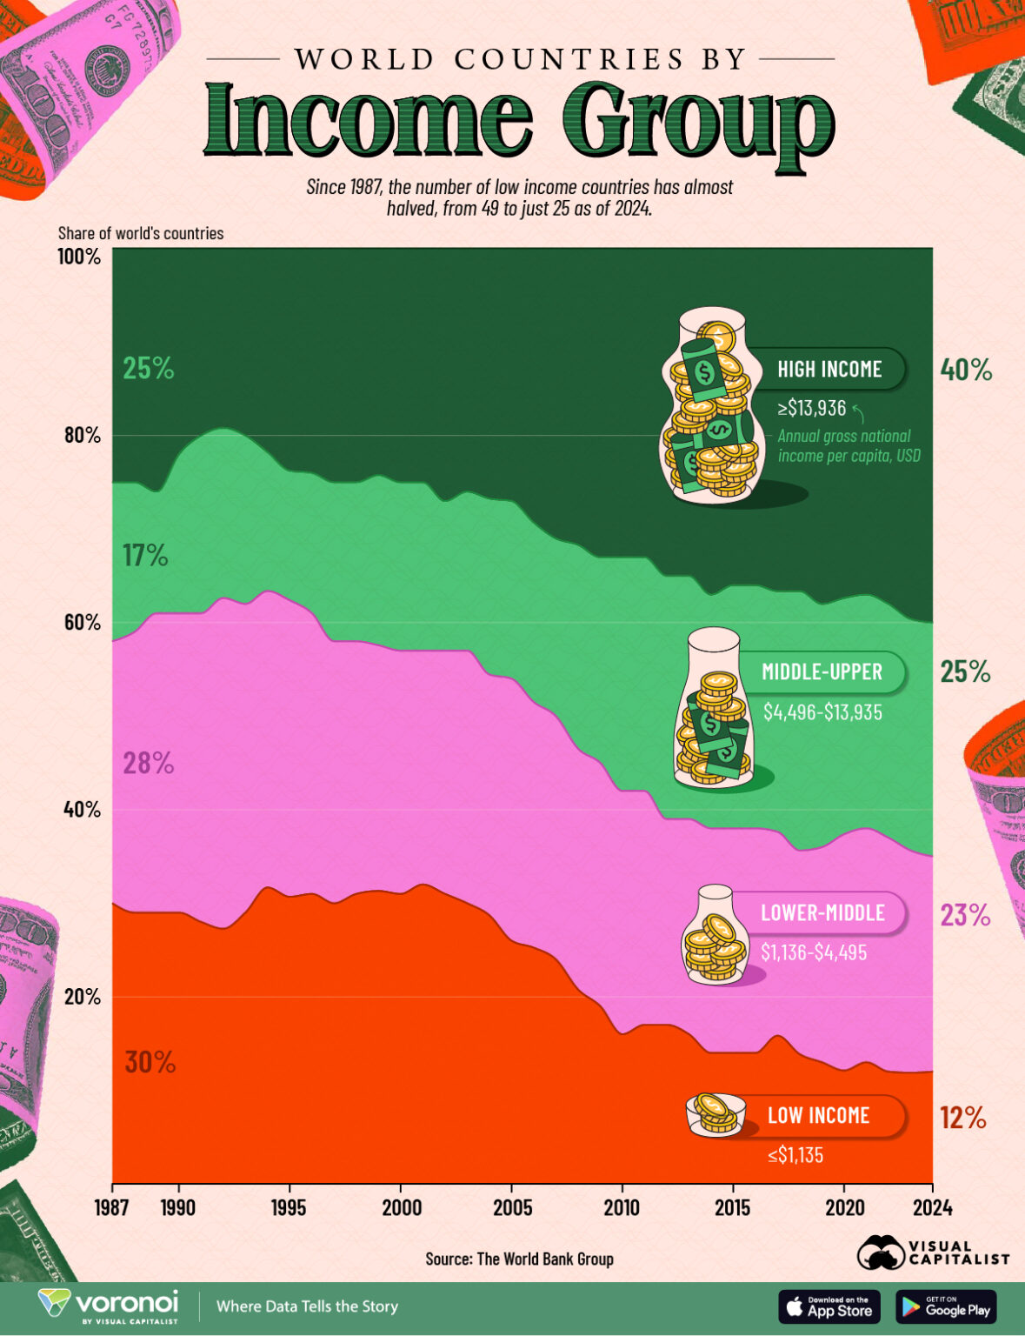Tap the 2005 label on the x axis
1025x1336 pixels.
click(x=511, y=1208)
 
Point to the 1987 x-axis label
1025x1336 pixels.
click(x=113, y=1208)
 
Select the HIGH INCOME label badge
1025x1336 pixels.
click(x=829, y=369)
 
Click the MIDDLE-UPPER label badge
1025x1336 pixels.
click(x=822, y=671)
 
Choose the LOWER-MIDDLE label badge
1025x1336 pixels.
click(x=822, y=912)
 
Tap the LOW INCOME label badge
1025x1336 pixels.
click(x=818, y=1115)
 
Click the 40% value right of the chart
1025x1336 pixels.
click(x=965, y=371)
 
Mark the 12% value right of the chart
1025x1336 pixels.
click(x=962, y=1118)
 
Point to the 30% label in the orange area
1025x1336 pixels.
click(x=150, y=1062)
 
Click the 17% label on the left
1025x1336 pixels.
click(x=145, y=556)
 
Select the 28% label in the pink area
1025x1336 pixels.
click(x=148, y=764)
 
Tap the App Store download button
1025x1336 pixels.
click(x=829, y=1306)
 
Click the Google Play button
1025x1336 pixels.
click(x=946, y=1306)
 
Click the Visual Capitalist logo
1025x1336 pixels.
click(x=933, y=1252)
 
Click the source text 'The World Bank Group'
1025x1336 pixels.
click(x=545, y=1259)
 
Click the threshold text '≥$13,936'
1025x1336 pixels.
click(x=812, y=409)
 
